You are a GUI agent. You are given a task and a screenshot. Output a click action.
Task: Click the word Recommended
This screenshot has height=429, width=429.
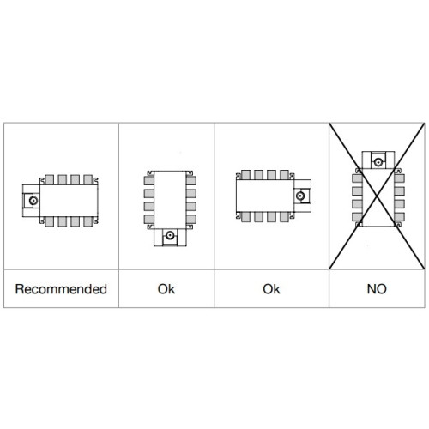pos(61,289)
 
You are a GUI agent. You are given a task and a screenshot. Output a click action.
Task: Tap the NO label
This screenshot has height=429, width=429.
pos(377,289)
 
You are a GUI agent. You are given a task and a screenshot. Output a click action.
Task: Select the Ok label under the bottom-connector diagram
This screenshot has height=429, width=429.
pos(166,289)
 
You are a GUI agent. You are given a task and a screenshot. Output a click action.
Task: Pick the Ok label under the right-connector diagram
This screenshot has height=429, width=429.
pos(271,289)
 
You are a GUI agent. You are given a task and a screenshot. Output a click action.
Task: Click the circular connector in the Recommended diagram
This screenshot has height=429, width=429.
pos(33,201)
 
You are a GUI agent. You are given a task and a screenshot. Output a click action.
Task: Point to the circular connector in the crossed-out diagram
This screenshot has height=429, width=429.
pos(378,162)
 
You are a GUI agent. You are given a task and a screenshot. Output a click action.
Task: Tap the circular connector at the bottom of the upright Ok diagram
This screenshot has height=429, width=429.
pos(170,235)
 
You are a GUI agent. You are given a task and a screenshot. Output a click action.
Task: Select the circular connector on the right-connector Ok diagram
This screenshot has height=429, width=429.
pos(300,196)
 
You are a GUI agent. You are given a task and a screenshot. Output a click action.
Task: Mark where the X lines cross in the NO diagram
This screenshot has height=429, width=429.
pos(377,196)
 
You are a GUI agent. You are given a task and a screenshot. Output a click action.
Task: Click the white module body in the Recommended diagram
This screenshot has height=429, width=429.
pos(69,201)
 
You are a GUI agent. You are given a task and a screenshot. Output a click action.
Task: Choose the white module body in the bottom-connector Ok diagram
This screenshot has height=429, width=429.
pos(170,200)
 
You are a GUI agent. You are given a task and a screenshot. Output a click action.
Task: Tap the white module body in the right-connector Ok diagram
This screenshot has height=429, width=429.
pos(265,196)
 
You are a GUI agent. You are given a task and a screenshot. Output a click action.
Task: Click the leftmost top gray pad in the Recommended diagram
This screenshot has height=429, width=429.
pos(50,180)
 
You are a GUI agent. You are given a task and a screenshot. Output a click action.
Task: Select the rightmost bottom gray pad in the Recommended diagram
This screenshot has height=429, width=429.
pos(88,221)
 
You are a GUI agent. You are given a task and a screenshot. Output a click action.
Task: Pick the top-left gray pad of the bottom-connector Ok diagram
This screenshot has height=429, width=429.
pos(149,181)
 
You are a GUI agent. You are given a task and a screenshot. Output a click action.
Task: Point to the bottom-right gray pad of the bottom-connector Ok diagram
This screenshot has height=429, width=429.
pos(191,220)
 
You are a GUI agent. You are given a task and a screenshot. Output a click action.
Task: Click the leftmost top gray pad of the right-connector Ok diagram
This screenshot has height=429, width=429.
pos(245,175)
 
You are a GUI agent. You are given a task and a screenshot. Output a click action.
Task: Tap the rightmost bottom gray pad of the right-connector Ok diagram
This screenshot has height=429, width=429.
pos(284,217)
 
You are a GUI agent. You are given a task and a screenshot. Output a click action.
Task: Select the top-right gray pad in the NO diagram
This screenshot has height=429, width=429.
pos(399,178)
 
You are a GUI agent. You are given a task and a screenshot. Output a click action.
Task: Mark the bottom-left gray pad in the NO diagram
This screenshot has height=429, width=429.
pos(357,217)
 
